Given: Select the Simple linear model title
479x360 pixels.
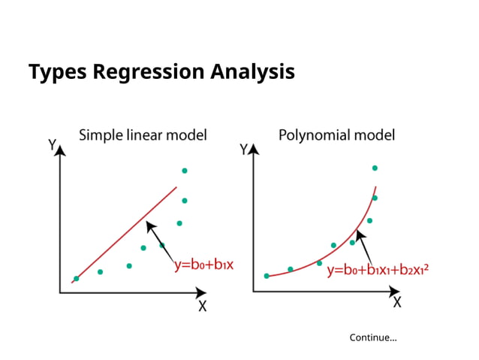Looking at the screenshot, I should coord(143,136).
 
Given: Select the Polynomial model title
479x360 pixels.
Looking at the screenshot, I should coord(336,136).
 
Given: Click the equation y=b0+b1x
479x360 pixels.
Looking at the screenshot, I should coord(203,265).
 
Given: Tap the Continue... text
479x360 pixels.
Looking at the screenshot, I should coord(373,337).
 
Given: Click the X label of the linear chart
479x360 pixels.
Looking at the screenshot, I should coord(202,306).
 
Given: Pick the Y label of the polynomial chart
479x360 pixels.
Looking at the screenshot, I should coord(243,150).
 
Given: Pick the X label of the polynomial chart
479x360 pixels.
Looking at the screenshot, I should coord(396,302).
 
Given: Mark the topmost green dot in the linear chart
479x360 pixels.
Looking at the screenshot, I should coord(185,171).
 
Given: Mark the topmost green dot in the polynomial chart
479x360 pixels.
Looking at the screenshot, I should coord(375,168).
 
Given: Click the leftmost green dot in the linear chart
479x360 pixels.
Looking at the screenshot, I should coord(76,279).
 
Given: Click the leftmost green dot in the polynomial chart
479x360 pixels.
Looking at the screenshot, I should coord(267,276).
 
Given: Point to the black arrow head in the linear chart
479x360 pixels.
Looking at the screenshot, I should coord(149,224).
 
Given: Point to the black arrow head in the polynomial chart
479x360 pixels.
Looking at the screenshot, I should coord(359,234).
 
